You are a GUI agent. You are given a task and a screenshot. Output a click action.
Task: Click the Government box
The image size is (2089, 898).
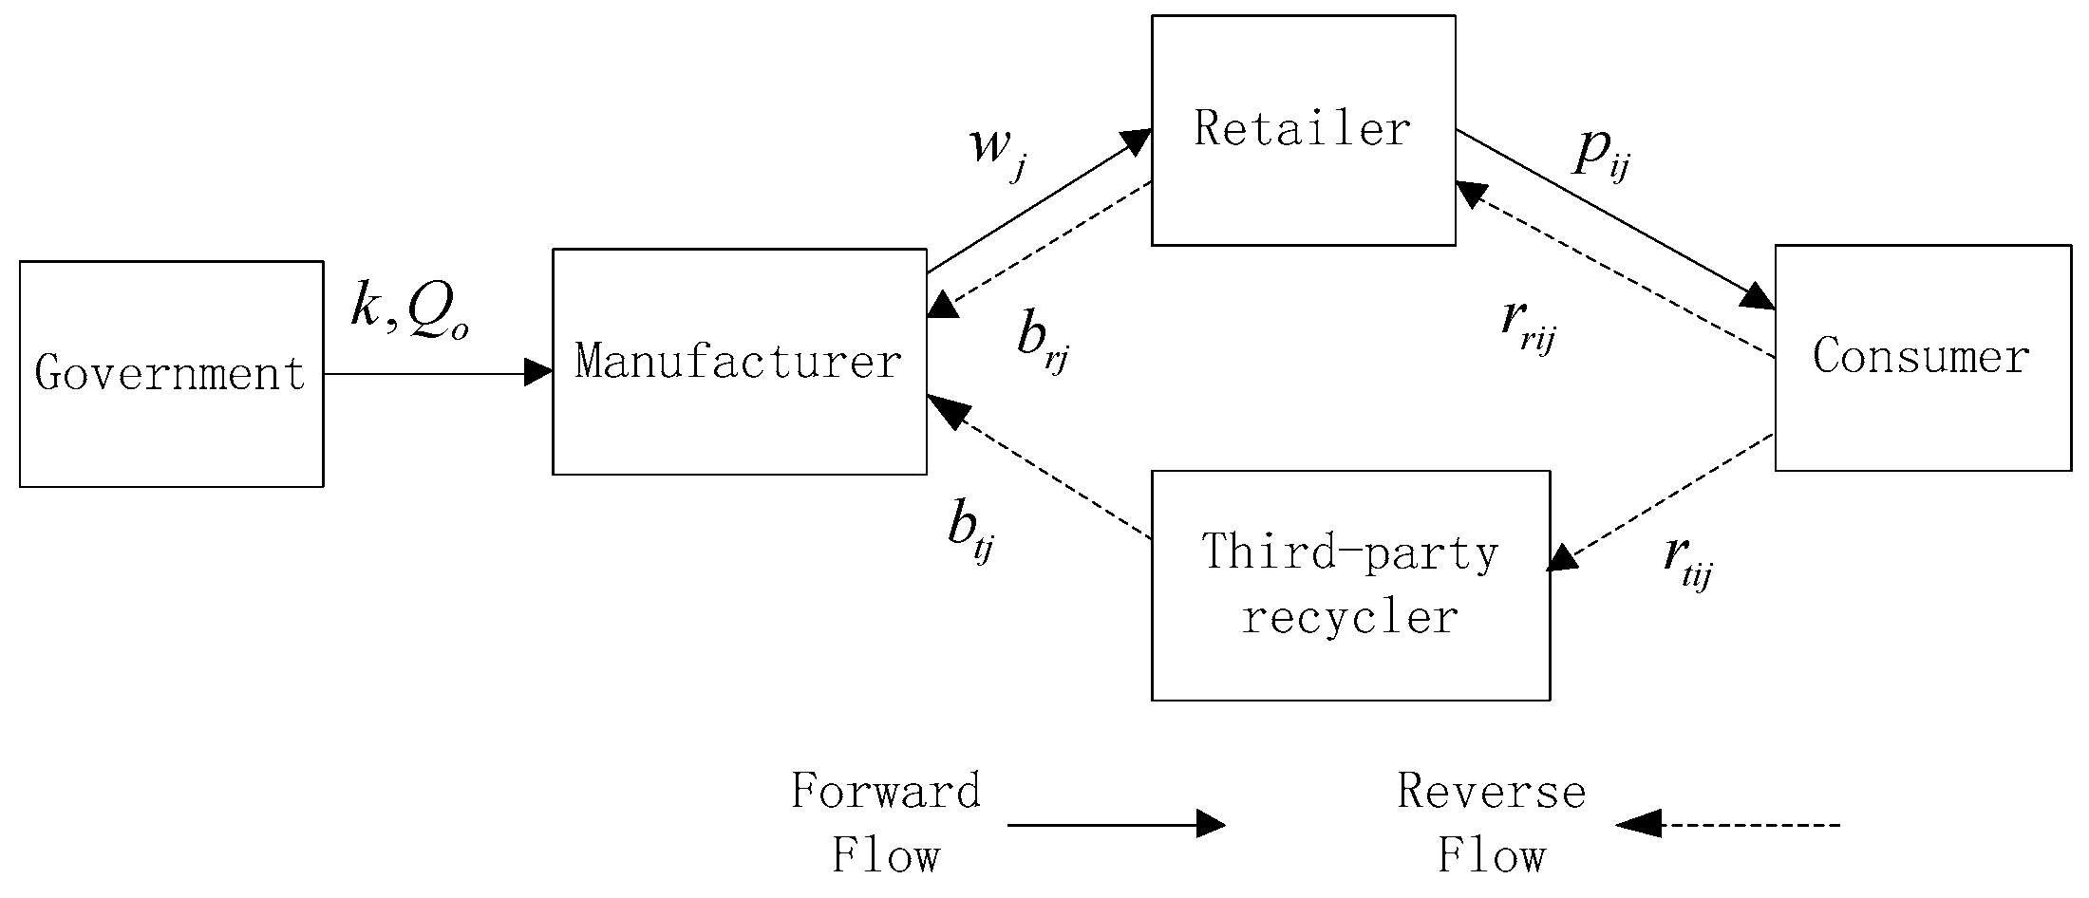tap(171, 374)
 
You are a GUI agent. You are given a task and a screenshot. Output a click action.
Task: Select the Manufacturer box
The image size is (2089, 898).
tap(739, 362)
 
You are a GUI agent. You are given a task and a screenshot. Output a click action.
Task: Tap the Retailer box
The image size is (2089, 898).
tap(1303, 130)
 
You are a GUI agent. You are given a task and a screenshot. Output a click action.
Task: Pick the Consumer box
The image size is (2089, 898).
tap(1922, 358)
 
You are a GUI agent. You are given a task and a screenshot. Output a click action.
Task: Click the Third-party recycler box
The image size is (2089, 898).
tap(1349, 585)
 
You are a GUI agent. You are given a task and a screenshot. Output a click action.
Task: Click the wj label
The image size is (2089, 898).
tap(998, 150)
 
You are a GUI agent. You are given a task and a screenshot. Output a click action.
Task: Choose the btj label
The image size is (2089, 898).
tap(970, 532)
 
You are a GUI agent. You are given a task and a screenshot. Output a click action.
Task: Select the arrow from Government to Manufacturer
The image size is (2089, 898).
tap(437, 373)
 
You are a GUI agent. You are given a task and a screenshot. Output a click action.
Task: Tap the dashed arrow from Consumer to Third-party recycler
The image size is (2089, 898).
tap(1662, 502)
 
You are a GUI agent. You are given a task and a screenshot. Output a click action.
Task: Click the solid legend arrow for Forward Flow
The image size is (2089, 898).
tap(1116, 824)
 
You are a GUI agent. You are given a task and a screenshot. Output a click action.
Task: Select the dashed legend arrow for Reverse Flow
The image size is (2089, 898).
tap(1728, 824)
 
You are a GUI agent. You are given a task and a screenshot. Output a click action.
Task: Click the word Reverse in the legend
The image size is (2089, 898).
tap(1491, 792)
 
